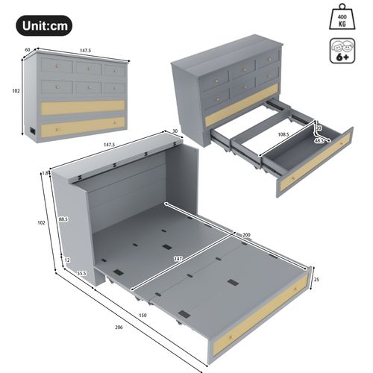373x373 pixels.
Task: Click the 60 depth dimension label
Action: point(27,51)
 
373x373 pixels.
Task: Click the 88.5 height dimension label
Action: point(64,219)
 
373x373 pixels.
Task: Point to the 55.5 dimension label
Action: point(81,274)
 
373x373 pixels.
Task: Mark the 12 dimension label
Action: point(67,260)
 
